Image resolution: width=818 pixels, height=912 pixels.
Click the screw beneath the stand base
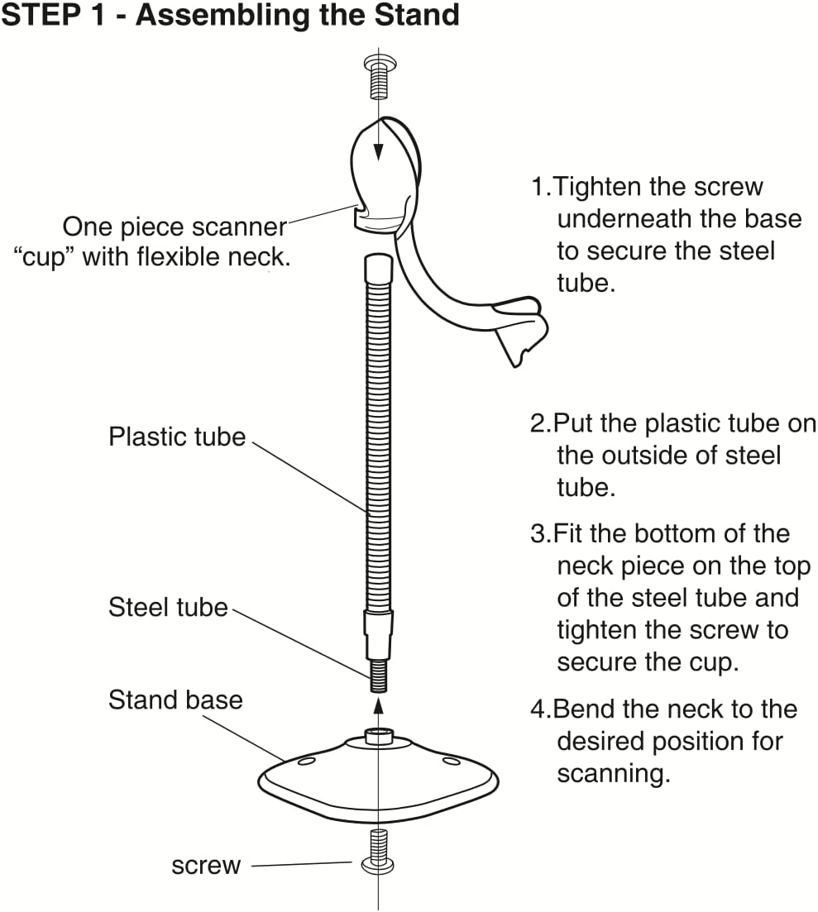378,852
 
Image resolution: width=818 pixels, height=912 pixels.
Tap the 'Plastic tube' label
177,437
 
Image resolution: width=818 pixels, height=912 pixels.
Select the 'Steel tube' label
168,608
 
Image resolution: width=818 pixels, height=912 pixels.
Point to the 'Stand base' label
175,700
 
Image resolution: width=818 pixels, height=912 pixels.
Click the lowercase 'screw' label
206,866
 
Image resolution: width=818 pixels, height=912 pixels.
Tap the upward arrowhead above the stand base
378,704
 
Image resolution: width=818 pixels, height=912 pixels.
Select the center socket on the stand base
378,735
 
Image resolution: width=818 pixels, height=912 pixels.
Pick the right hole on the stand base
451,760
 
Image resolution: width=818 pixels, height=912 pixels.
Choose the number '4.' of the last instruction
540,709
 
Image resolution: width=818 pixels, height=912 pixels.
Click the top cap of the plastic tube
377,266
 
